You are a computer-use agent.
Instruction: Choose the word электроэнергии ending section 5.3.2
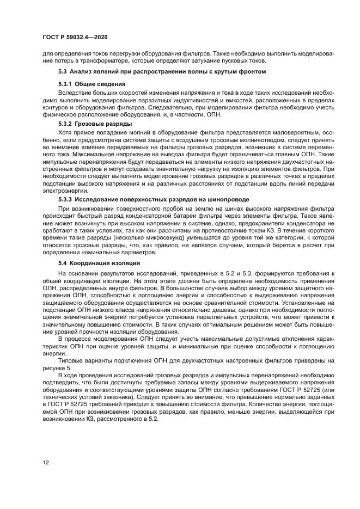(x=63, y=192)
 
